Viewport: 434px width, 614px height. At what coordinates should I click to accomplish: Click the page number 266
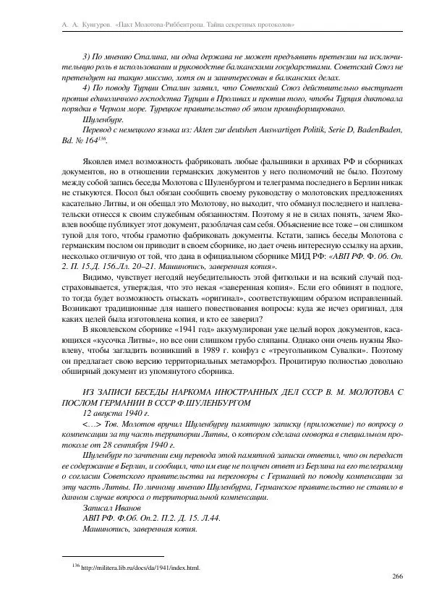396,576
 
